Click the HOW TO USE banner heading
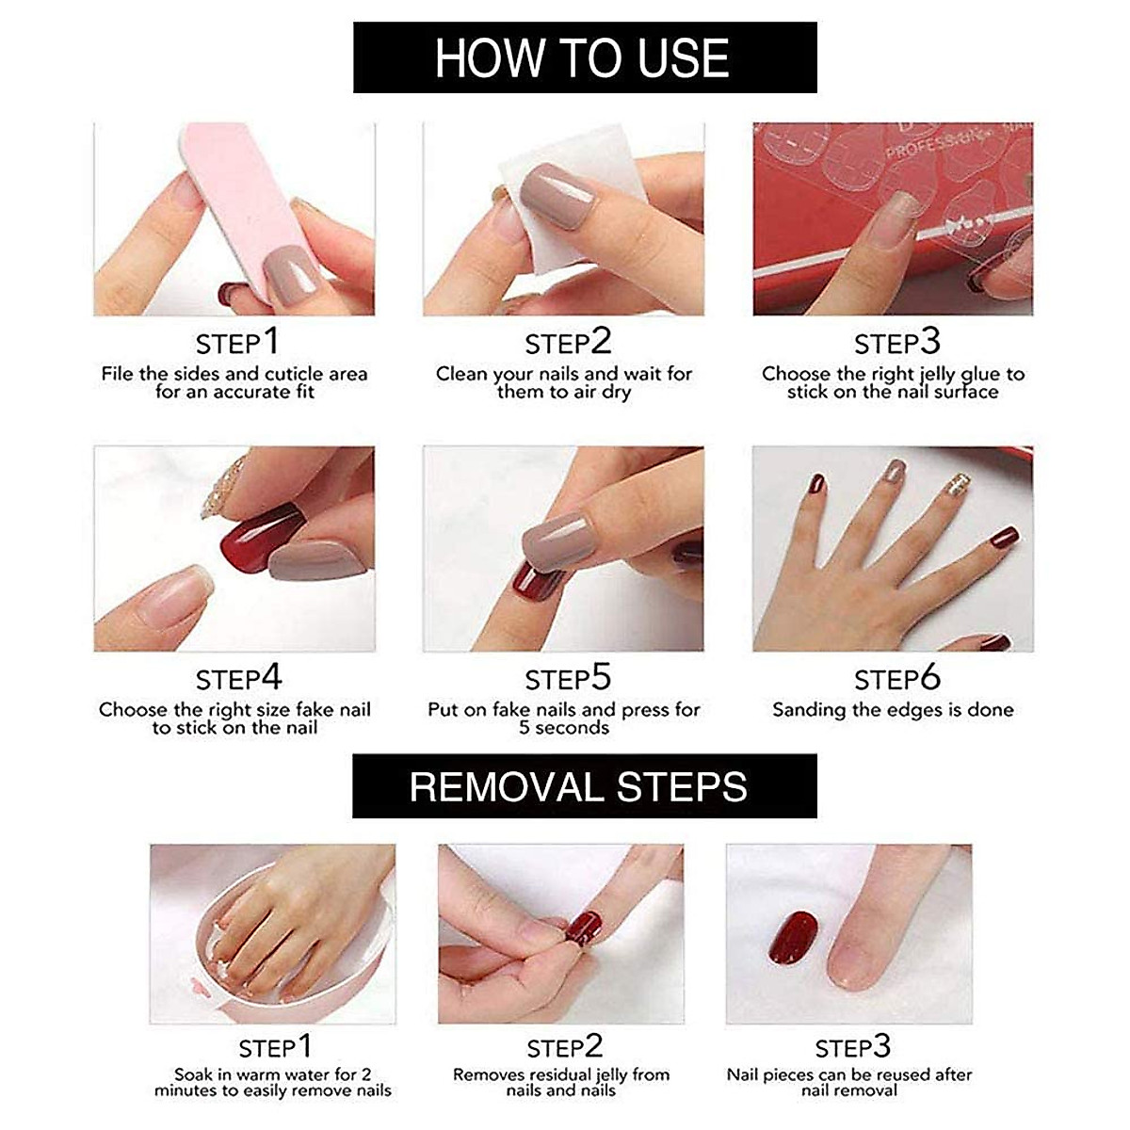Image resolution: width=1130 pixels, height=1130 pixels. pyautogui.click(x=583, y=58)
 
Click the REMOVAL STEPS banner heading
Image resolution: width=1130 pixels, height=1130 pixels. pyautogui.click(x=578, y=787)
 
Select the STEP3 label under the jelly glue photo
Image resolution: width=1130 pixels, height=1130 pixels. pyautogui.click(x=896, y=343)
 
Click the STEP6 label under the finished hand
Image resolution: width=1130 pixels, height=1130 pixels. pyautogui.click(x=896, y=679)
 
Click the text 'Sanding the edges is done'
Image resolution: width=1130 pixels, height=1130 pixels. pyautogui.click(x=893, y=710)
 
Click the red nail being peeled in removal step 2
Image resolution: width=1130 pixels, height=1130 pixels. pyautogui.click(x=583, y=927)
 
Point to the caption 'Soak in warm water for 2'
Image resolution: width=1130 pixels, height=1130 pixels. pyautogui.click(x=273, y=1074)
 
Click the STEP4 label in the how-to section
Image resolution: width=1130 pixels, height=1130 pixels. pyautogui.click(x=238, y=679)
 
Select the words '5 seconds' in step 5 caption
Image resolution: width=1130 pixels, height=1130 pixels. pyautogui.click(x=563, y=728)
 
